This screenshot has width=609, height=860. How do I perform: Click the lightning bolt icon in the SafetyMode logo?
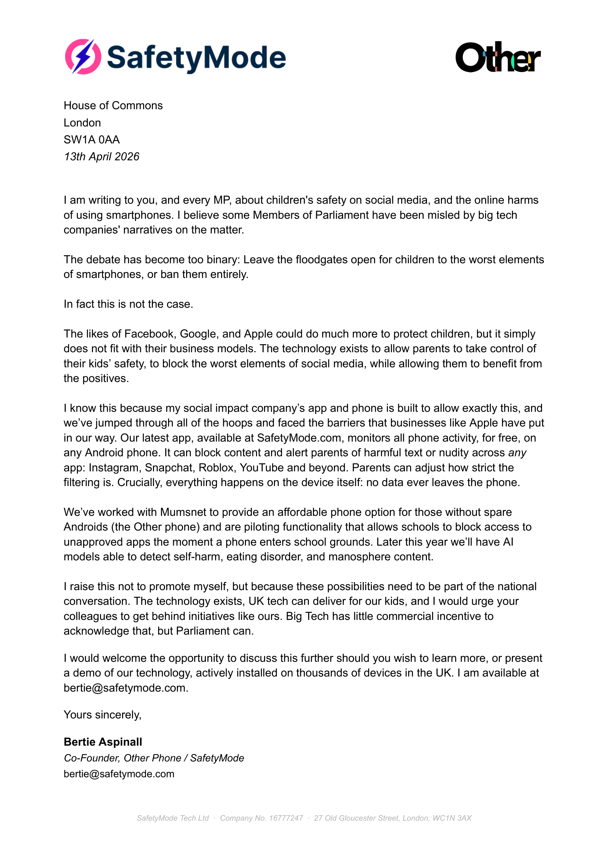click(x=83, y=57)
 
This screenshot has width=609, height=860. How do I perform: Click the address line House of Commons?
click(x=113, y=106)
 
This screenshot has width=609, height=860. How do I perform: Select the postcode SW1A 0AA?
click(x=92, y=140)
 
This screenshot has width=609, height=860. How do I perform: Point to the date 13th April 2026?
click(x=101, y=157)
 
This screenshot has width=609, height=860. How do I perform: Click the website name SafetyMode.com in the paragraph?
click(x=299, y=438)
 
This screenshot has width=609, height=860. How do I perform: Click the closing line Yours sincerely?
click(x=102, y=715)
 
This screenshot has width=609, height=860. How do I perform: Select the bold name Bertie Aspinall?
click(x=103, y=742)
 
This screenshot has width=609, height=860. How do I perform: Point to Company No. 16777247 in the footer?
click(x=261, y=818)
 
